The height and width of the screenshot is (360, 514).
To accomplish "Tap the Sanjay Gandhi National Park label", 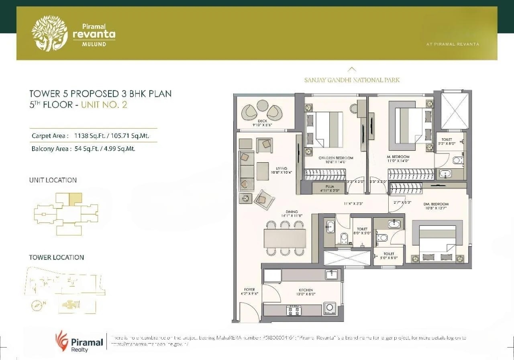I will click(351, 80).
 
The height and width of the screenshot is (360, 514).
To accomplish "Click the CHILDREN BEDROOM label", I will click(336, 158).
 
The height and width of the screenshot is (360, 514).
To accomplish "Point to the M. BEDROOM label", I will click(398, 157).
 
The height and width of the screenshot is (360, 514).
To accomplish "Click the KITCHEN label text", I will click(306, 290).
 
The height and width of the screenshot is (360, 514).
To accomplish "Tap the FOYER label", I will click(249, 289).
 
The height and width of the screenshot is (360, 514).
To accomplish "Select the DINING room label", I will click(292, 212).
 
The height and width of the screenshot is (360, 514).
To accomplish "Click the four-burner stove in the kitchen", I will click(293, 310).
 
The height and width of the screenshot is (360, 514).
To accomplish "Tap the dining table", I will click(285, 238).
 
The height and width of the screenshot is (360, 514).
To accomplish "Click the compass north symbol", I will click(37, 306).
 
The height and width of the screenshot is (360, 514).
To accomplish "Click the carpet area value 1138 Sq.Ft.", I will click(92, 136).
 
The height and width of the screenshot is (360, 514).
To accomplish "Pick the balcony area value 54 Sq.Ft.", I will click(90, 149).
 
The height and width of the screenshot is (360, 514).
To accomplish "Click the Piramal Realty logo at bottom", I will click(79, 342).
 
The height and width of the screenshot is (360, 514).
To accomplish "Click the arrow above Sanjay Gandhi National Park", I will click(352, 69).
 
